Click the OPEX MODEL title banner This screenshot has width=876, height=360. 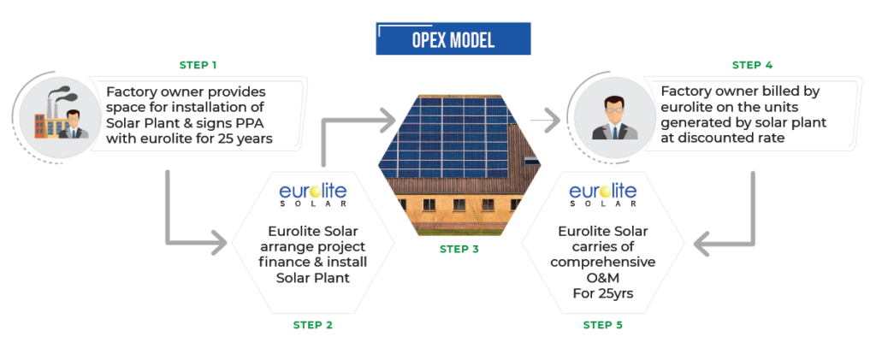(x=453, y=39)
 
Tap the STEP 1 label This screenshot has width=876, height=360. (x=198, y=65)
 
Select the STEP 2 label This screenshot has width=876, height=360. (x=313, y=325)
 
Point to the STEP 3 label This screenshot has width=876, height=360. (x=459, y=250)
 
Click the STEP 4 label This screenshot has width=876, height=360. (x=752, y=65)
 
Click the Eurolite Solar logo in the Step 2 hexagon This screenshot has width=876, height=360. (x=313, y=192)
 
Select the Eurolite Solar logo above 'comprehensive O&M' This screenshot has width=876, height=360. (x=602, y=192)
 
